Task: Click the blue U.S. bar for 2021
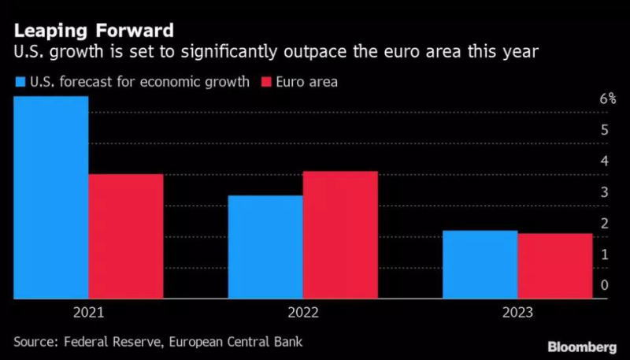(50, 197)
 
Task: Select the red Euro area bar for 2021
(125, 236)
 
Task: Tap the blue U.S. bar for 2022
(265, 247)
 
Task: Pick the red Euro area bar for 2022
(340, 235)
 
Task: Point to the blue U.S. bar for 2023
(480, 265)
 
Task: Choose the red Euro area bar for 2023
(554, 266)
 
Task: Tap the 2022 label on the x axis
(302, 313)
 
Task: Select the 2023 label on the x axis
(517, 313)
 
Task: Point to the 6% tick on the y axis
(607, 99)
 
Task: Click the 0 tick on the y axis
(604, 284)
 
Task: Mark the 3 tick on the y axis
(604, 192)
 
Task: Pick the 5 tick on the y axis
(604, 130)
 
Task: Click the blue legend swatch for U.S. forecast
(19, 81)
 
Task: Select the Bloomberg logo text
(581, 347)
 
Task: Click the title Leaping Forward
(93, 32)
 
